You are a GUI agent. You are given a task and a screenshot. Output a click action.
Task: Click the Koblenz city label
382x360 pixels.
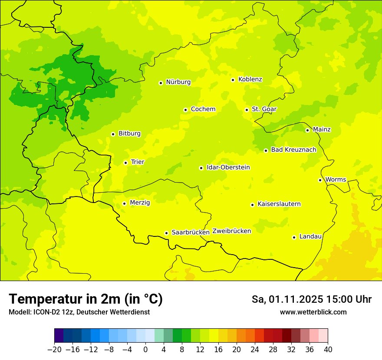[250, 79]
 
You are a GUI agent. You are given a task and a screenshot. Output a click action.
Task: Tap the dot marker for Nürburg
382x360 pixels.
[161, 82]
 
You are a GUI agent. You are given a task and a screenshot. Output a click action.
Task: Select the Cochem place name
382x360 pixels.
[203, 109]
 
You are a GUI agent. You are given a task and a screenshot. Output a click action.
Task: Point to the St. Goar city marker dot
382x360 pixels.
[247, 110]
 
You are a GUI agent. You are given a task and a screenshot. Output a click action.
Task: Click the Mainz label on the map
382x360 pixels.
[322, 130]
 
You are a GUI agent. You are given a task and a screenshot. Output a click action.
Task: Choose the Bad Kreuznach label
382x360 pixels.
[293, 150]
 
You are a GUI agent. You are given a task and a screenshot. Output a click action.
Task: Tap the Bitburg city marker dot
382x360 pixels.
[113, 134]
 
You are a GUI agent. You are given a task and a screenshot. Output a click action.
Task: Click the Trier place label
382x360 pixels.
[138, 162]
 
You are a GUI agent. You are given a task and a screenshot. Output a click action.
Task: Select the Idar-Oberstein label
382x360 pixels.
[228, 167]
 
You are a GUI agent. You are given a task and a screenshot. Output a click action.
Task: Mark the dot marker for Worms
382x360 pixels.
[320, 180]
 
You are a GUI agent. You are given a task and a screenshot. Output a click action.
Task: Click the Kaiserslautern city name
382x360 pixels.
[279, 204]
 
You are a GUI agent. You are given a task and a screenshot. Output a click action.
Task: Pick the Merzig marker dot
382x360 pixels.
[124, 203]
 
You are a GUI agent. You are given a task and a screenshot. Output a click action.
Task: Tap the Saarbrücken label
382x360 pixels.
[191, 232]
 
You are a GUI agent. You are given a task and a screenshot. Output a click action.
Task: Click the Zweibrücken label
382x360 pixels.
[231, 231]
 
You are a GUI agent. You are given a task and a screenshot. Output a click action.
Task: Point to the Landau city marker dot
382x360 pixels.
[294, 237]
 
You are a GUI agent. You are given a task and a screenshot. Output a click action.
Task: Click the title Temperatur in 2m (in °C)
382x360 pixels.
[86, 299]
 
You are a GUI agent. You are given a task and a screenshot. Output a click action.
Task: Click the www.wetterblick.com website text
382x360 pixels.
[313, 312]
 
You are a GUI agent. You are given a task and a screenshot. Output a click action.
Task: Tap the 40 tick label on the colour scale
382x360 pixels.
[328, 350]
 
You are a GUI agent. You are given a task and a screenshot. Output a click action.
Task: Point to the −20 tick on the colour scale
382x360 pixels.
[55, 350]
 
